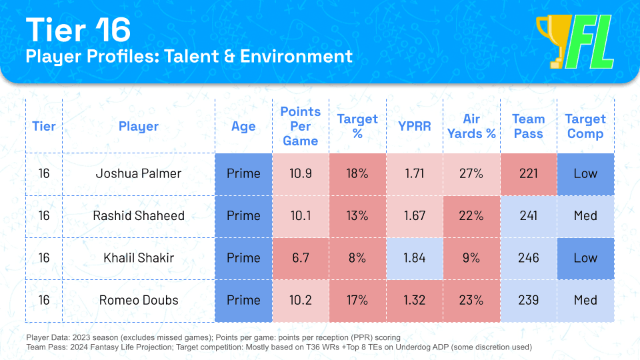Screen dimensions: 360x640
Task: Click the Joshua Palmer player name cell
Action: click(138, 174)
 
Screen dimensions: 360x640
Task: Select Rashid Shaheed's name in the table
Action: click(138, 216)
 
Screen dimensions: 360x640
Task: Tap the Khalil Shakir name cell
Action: click(138, 258)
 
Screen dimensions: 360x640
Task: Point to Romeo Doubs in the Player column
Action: click(138, 300)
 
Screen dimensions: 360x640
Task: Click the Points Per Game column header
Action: click(300, 126)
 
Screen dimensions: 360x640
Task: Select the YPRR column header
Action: click(414, 126)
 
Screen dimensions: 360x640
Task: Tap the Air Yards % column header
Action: click(471, 126)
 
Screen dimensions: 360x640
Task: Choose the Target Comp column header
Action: click(585, 126)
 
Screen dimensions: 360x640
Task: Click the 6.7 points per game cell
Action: click(300, 258)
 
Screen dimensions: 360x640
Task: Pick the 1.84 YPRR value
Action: click(414, 258)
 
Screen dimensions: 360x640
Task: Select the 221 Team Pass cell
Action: click(528, 174)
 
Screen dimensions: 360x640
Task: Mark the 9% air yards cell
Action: click(471, 258)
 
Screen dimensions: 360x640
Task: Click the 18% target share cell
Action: click(357, 174)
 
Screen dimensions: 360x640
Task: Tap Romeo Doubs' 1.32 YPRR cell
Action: click(414, 300)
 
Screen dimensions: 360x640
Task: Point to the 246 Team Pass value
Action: click(528, 258)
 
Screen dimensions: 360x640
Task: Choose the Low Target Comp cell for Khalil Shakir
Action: click(585, 258)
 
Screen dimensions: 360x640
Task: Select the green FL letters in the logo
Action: click(590, 44)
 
